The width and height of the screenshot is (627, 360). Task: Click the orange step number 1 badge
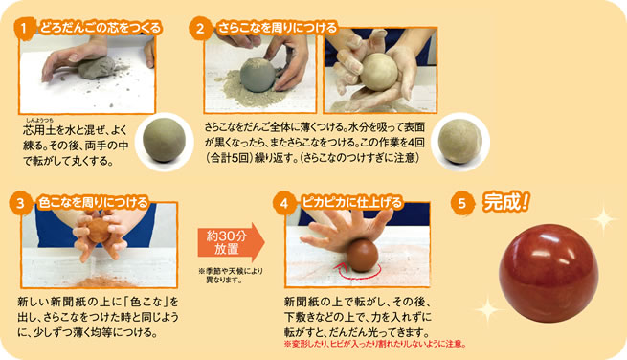coord(24,28)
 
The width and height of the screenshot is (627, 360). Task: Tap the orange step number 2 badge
coord(200,28)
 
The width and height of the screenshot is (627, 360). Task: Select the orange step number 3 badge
coord(20,203)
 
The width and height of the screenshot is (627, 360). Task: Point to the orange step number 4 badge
coord(284,203)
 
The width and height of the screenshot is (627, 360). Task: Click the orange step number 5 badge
coord(462,203)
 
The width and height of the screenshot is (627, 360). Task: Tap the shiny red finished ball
coord(549,273)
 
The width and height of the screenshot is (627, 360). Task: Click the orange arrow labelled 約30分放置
coord(231,243)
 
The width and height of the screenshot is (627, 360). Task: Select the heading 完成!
coord(505,202)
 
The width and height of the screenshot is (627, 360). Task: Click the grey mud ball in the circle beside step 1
coord(164,140)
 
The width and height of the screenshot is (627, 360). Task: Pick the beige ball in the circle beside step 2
coord(459,141)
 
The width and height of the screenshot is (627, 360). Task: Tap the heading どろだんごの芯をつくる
coord(100,28)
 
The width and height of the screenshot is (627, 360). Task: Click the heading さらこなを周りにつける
coord(277,28)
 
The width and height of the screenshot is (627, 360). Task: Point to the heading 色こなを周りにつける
coord(93,203)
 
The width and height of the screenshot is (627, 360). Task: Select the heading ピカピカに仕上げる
coord(352,203)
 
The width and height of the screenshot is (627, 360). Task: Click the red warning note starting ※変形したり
coord(374,344)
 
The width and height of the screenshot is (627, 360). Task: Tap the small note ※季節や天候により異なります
coord(231,276)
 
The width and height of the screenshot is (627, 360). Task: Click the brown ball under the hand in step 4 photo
coord(362,256)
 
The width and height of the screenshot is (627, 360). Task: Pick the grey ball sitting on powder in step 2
coord(258,75)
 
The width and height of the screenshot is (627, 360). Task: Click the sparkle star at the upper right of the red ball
coord(603,218)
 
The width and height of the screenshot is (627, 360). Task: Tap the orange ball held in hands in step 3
coord(99,231)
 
